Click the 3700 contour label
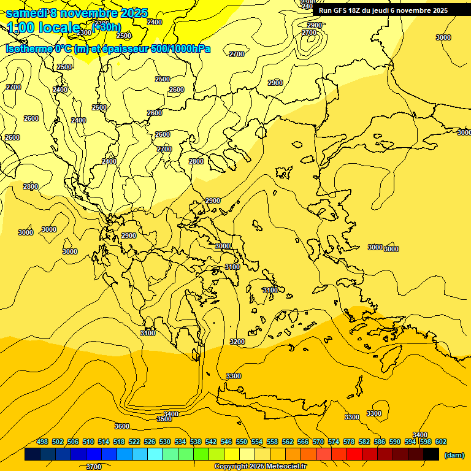pyautogui.click(x=94, y=467)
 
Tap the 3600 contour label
pyautogui.click(x=122, y=426)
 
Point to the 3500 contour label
pyautogui.click(x=164, y=419)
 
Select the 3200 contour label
pyautogui.click(x=237, y=342)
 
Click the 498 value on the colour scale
pyautogui.click(x=42, y=442)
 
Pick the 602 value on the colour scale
pyautogui.click(x=441, y=442)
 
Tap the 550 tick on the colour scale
pyautogui.click(x=242, y=442)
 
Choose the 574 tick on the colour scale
pyautogui.click(x=334, y=442)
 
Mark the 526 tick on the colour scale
pyautogui.click(x=150, y=442)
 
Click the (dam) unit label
pyautogui.click(x=454, y=454)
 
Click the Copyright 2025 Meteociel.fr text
pyautogui.click(x=260, y=467)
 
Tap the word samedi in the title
pyautogui.click(x=26, y=13)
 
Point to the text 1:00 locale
pyautogui.click(x=44, y=28)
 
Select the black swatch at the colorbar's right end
pyautogui.click(x=431, y=454)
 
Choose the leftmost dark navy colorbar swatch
pyautogui.click(x=33, y=454)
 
